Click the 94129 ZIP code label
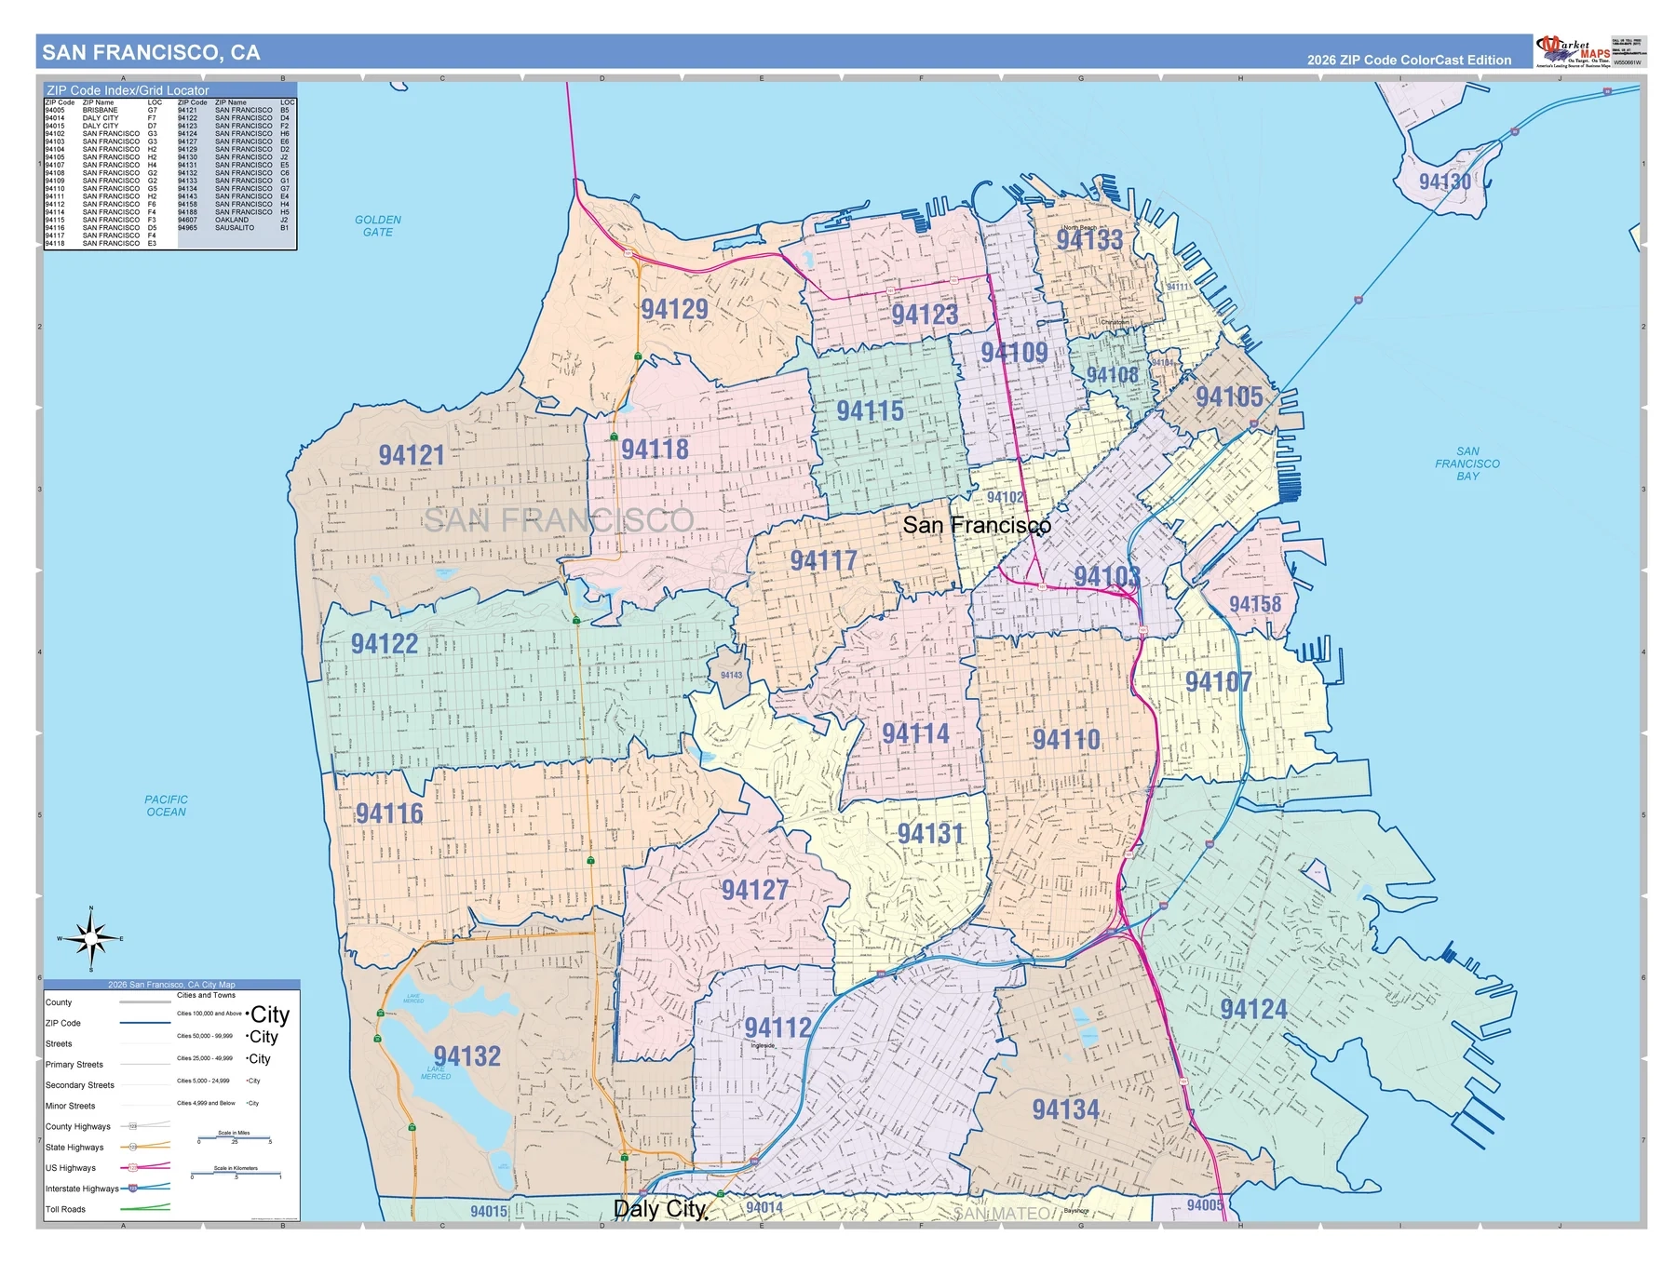674,309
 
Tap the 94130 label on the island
1444,181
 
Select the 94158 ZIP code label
1254,604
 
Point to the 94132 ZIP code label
466,1056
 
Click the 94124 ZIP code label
1253,1010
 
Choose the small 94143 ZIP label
731,676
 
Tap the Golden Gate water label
378,226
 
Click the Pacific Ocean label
166,806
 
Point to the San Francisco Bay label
1466,464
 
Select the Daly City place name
660,1209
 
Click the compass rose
90,938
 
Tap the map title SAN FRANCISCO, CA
151,53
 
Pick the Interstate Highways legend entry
82,1189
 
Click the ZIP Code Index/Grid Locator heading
128,90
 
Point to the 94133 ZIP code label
1089,240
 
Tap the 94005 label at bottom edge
1205,1205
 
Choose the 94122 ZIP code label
384,644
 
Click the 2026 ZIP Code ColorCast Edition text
1408,60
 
